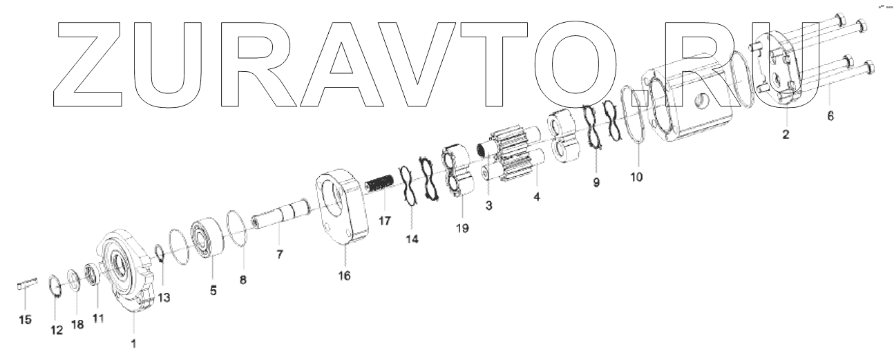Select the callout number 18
(77, 324)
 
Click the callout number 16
(344, 276)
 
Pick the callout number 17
(384, 222)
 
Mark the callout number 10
(636, 177)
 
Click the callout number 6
(830, 116)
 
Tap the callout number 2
(786, 134)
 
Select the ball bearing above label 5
(206, 238)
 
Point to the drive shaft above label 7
(283, 213)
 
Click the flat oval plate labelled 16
(343, 207)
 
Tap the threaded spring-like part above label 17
(381, 187)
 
